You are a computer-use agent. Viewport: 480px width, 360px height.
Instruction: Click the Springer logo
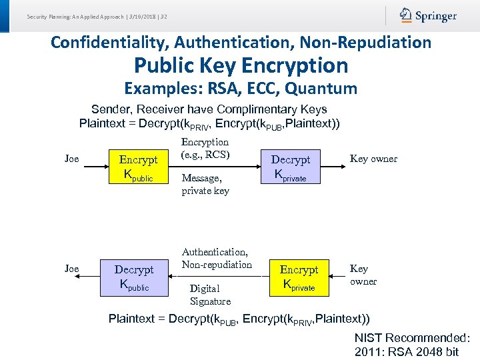[x=428, y=15]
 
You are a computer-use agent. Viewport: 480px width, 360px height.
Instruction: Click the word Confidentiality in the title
[x=110, y=43]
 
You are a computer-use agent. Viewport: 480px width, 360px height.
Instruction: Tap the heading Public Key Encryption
[x=241, y=65]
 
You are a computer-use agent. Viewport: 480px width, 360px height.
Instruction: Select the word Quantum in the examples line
[x=322, y=88]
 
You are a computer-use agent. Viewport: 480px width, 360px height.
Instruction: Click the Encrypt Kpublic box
[x=138, y=167]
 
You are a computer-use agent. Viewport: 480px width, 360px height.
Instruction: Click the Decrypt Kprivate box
[x=290, y=167]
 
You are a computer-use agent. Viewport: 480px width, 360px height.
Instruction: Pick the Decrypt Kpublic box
[x=134, y=277]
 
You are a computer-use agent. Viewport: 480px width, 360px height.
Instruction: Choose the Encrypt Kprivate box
[x=299, y=277]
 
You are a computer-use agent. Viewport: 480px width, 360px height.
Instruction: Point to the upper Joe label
[x=71, y=159]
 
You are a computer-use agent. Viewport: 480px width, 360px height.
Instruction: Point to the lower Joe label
[x=71, y=269]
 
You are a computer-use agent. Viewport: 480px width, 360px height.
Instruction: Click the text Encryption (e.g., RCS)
[x=205, y=148]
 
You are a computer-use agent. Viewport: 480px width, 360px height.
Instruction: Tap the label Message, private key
[x=205, y=184]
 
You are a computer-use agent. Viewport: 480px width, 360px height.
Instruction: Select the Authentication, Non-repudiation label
[x=217, y=258]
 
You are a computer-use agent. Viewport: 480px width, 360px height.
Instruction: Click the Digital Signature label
[x=210, y=295]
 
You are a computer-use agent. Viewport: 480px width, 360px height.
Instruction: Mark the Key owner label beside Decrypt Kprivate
[x=373, y=159]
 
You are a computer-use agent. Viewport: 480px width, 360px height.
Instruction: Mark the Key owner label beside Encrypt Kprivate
[x=363, y=275]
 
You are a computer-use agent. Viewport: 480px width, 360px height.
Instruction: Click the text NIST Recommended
[x=412, y=338]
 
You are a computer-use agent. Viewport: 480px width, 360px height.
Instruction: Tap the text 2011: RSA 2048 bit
[x=407, y=352]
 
